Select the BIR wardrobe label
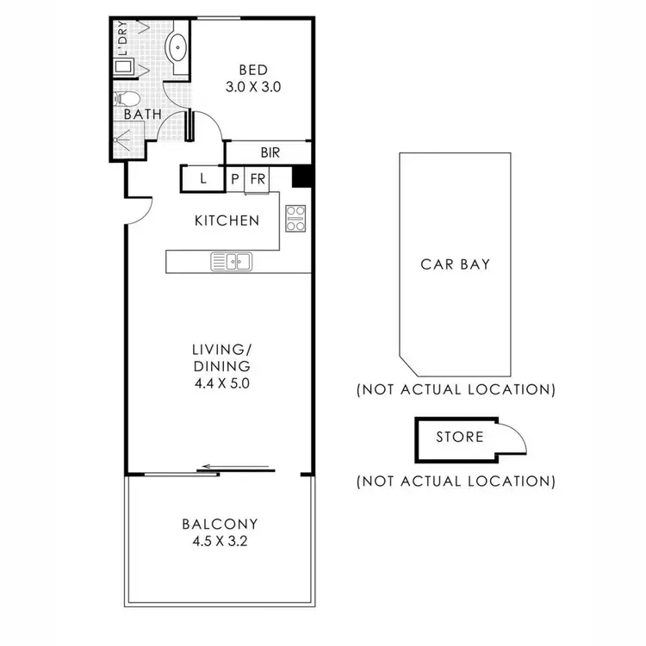click(270, 152)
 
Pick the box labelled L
click(203, 178)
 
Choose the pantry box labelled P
click(235, 178)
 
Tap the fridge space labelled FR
click(258, 178)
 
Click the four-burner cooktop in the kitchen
click(295, 219)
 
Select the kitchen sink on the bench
click(230, 261)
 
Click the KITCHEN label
click(227, 221)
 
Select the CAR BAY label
click(455, 264)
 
